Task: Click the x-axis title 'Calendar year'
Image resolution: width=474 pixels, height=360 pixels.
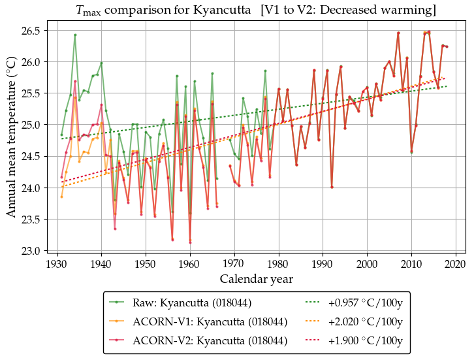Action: (x=256, y=279)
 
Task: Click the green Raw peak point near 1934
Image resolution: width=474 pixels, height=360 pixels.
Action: (x=75, y=35)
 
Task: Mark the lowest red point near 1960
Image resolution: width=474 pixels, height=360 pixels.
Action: (x=190, y=242)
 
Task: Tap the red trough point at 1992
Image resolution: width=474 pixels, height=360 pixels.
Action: (x=332, y=187)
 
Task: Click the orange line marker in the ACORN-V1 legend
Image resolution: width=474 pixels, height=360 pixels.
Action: (x=118, y=321)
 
